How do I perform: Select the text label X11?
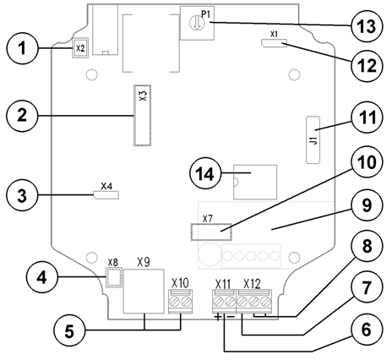click(x=224, y=283)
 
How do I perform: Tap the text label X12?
click(x=252, y=283)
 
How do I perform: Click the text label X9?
click(x=143, y=263)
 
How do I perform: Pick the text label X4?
click(x=106, y=185)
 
